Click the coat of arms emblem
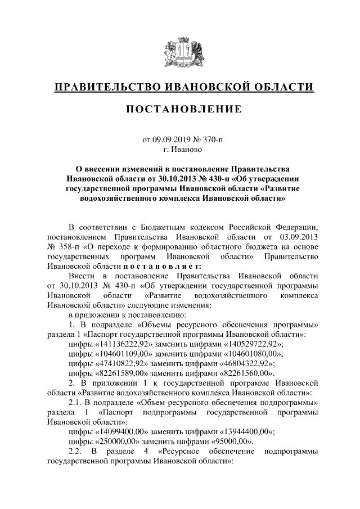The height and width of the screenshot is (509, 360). click(180, 53)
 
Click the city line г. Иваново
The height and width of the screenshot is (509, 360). click(180, 149)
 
